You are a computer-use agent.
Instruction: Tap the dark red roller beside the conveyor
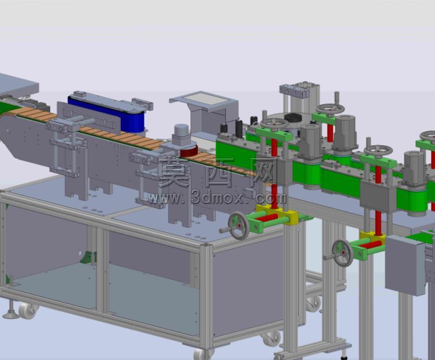coord(189,151)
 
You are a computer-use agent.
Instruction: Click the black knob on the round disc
coord(293,118)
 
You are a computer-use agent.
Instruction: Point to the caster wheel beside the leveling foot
coord(27,310)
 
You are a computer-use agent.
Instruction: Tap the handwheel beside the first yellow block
coord(238,225)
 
